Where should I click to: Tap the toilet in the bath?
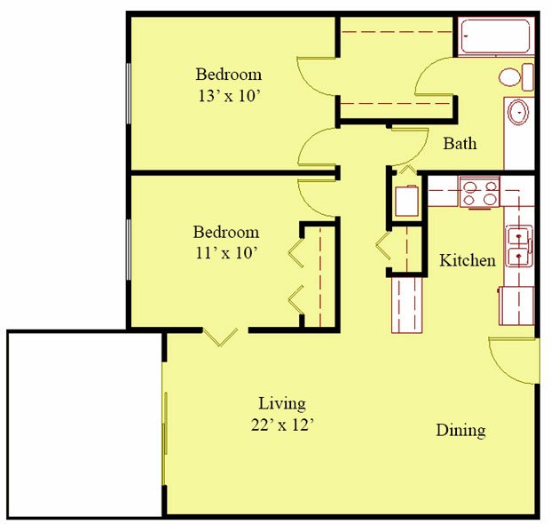pyautogui.click(x=515, y=76)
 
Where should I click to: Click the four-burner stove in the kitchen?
pyautogui.click(x=479, y=192)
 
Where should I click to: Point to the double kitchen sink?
pyautogui.click(x=518, y=247)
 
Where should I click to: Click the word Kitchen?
pyautogui.click(x=468, y=260)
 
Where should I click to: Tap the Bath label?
pyautogui.click(x=460, y=143)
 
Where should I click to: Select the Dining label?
pyautogui.click(x=460, y=431)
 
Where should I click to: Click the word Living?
pyautogui.click(x=282, y=403)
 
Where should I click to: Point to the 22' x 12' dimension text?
pyautogui.click(x=282, y=425)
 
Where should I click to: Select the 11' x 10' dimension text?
pyautogui.click(x=226, y=253)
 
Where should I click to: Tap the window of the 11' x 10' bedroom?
pyautogui.click(x=130, y=250)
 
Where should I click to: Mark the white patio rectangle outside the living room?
pyautogui.click(x=84, y=423)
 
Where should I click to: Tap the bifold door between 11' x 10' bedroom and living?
pyautogui.click(x=219, y=336)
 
